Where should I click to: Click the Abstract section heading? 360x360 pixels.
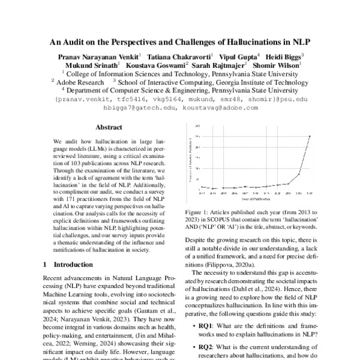(x=109, y=127)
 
